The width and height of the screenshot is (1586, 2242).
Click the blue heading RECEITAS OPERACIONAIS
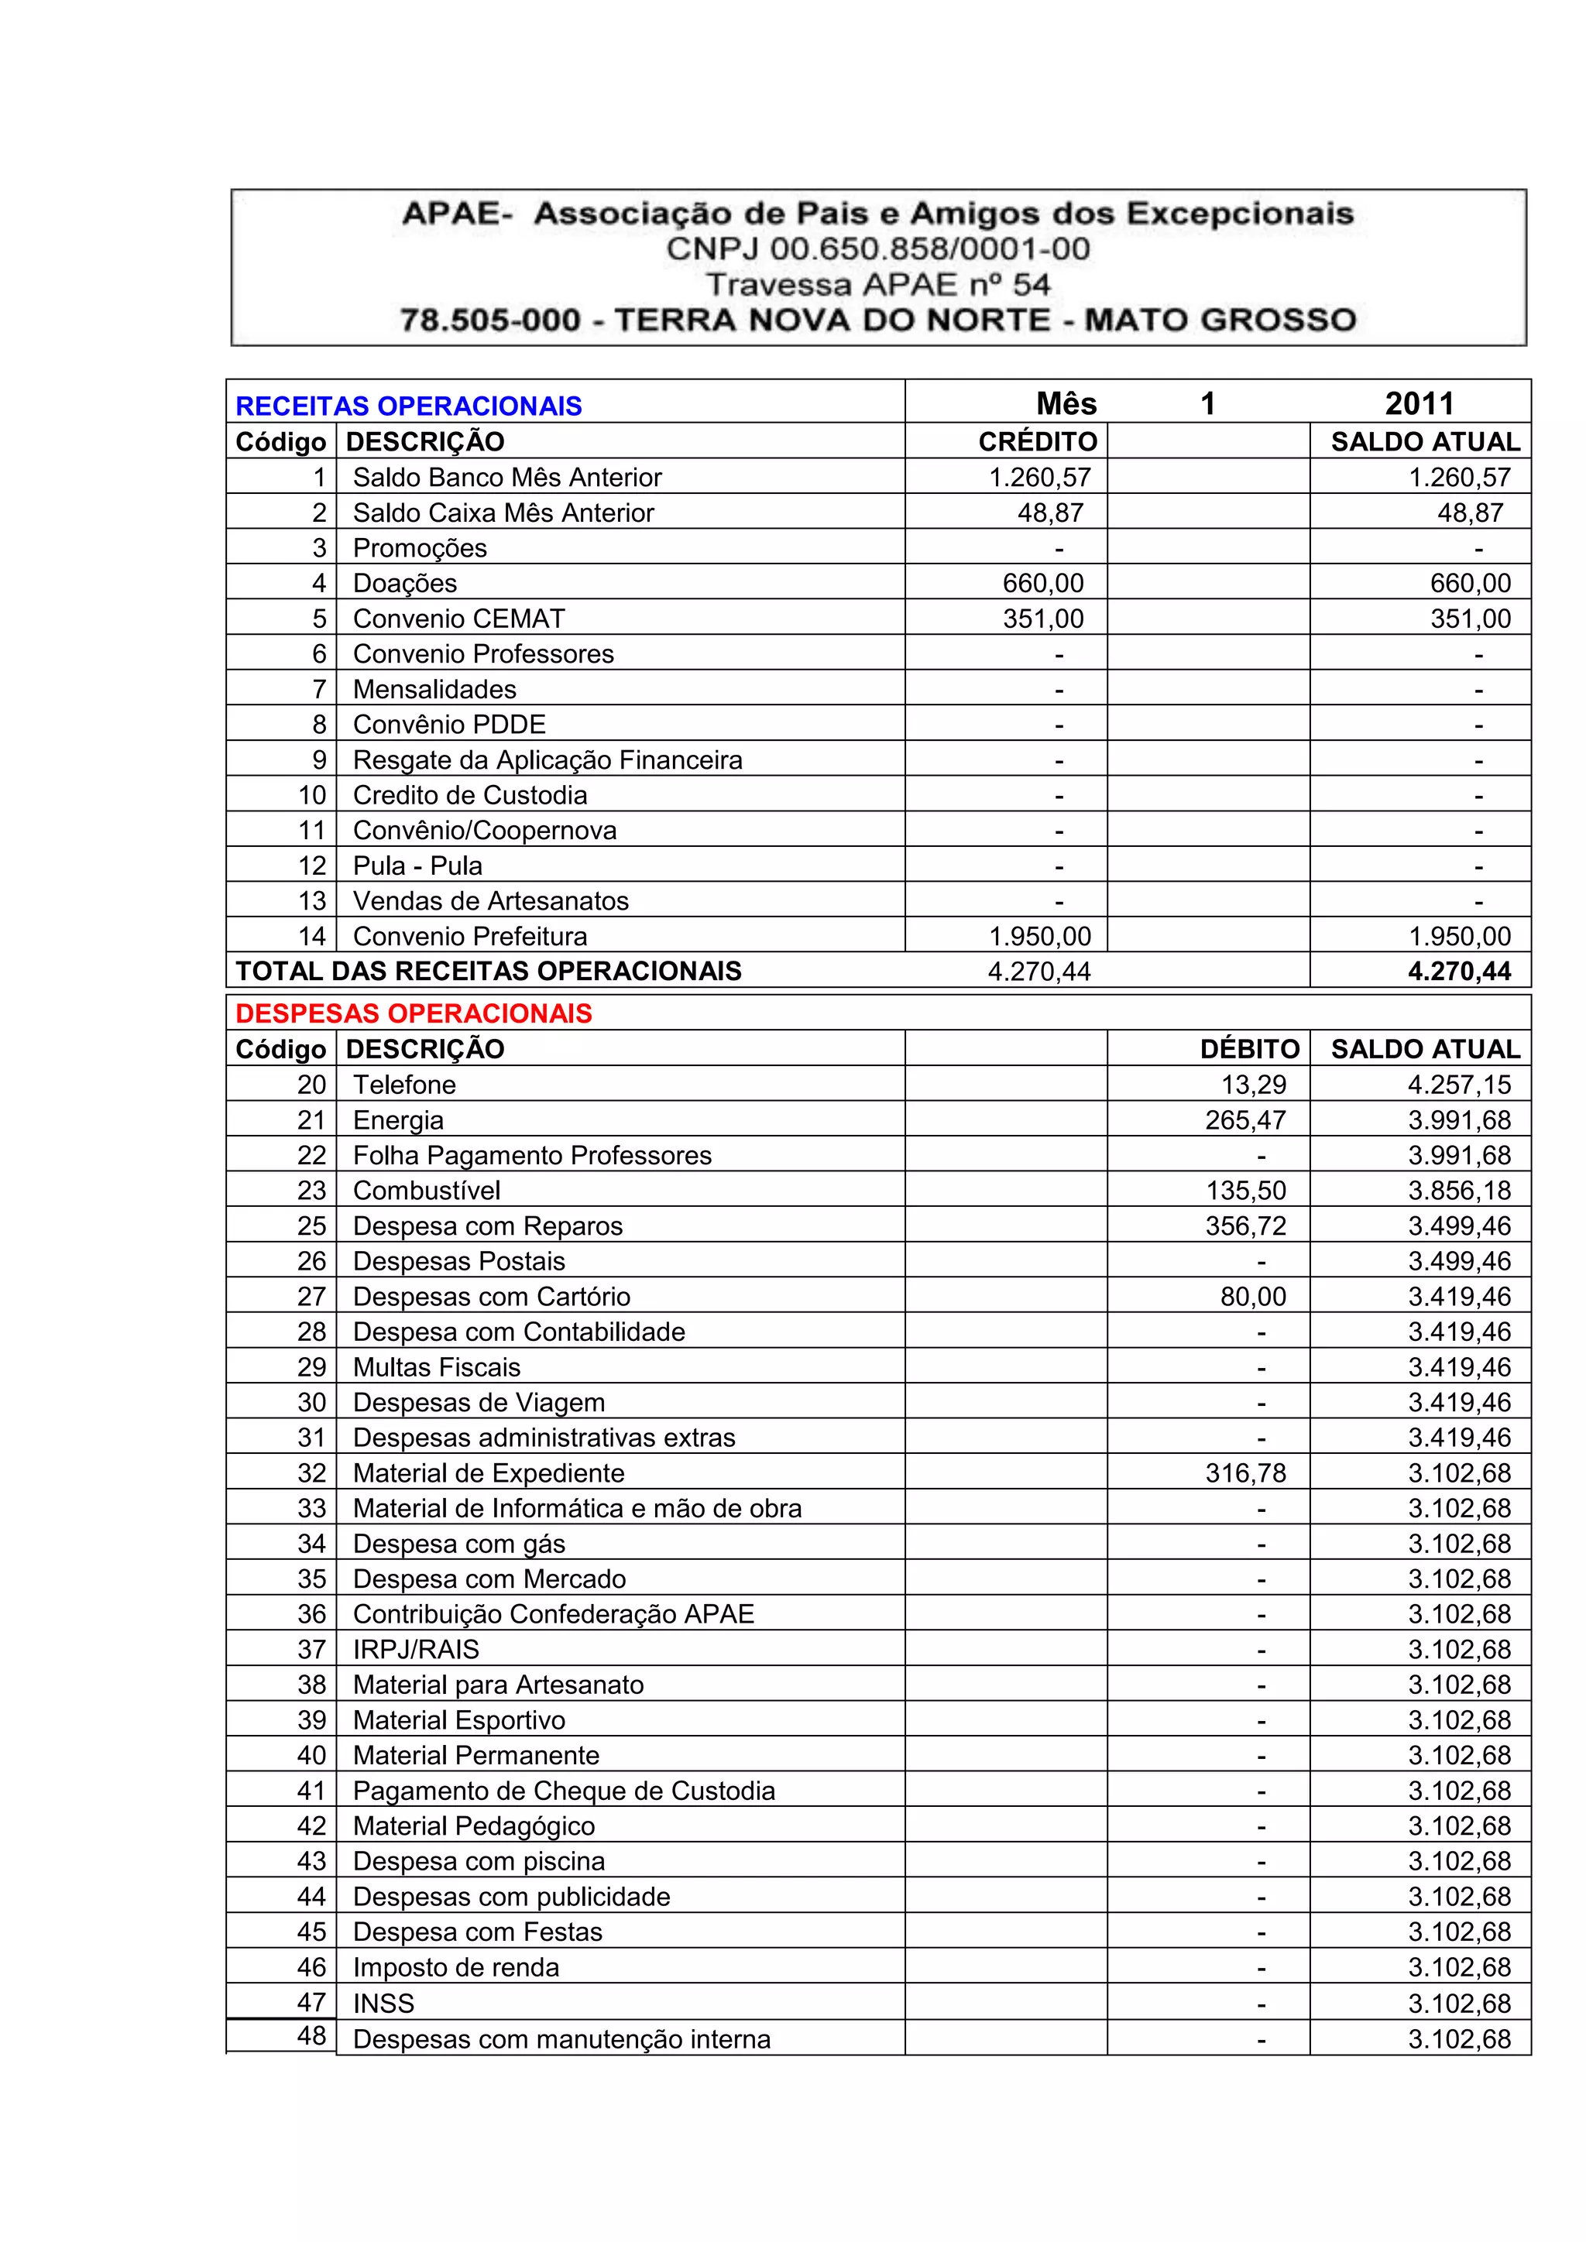(408, 406)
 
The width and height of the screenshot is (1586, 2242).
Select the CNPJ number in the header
(878, 249)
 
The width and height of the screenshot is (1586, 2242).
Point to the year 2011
(1419, 403)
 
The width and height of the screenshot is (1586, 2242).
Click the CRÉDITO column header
(1037, 442)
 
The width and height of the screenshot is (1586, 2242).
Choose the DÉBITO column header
(1249, 1050)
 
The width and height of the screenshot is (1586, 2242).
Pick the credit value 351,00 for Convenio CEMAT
(1043, 619)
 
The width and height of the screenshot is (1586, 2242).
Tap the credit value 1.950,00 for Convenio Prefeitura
(1039, 937)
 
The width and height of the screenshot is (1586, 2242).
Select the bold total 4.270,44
(1459, 972)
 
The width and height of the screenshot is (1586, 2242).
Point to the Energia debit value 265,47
(1245, 1120)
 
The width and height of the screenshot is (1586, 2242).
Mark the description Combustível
(427, 1191)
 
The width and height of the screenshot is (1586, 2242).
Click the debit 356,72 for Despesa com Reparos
(1245, 1226)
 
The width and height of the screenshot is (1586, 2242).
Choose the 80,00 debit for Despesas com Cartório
(1253, 1297)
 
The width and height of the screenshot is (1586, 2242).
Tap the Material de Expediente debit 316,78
(1245, 1472)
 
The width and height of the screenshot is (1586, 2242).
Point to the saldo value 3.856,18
(1459, 1191)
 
